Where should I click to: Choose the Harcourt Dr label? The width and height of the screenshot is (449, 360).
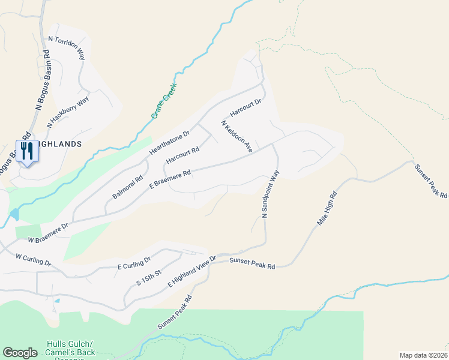click(x=246, y=109)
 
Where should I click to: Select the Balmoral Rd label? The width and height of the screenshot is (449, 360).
click(x=127, y=187)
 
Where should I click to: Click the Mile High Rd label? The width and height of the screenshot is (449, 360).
click(x=327, y=209)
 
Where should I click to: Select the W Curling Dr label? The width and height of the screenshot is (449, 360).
click(x=34, y=260)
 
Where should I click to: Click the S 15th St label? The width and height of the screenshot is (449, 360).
click(x=149, y=277)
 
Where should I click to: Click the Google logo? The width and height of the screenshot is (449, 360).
click(x=20, y=353)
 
